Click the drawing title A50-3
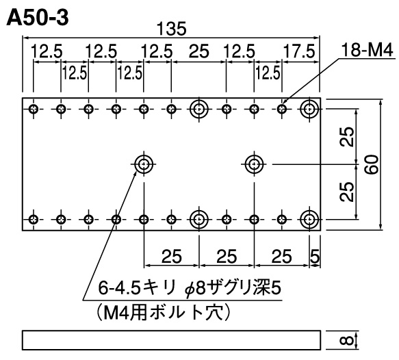pos(38,18)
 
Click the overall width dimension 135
pos(172,29)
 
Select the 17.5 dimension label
pos(299,51)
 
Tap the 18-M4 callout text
pos(368,50)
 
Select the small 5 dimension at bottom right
pos(315,257)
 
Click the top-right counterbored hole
pos(309,109)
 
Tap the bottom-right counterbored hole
pos(309,219)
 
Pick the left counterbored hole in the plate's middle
pos(144,164)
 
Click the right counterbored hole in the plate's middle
pos(254,164)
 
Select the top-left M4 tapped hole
pos(34,109)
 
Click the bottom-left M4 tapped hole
pos(34,219)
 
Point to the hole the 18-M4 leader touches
pos(282,109)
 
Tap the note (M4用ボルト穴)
pos(164,312)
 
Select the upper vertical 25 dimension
pos(347,137)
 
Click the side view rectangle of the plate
pos(172,340)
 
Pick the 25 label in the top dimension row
pos(199,51)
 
